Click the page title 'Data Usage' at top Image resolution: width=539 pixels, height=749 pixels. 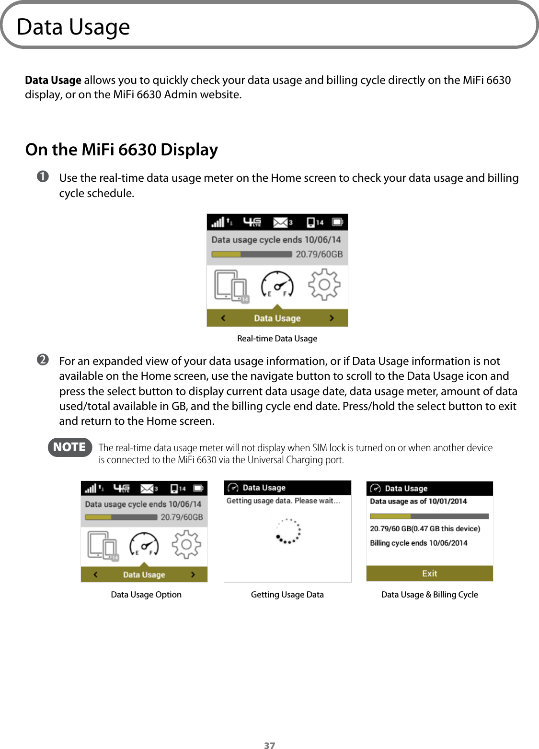73,27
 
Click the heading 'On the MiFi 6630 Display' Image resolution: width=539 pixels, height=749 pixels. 122,150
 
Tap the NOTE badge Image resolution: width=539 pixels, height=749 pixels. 69,447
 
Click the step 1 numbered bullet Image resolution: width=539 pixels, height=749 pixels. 43,177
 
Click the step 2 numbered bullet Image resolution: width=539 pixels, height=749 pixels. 43,360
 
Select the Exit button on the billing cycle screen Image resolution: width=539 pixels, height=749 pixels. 429,573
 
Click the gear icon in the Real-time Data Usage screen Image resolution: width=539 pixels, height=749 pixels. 324,285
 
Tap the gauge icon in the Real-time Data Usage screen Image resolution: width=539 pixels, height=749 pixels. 277,285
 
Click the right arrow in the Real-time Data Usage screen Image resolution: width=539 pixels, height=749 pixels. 332,318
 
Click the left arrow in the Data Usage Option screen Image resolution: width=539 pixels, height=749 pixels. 95,574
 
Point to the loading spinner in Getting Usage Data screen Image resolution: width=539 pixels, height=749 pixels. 288,531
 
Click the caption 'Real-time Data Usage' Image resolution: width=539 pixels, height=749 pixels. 277,339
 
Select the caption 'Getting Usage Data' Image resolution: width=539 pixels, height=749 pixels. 287,595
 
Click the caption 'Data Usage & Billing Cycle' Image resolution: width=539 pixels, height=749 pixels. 429,595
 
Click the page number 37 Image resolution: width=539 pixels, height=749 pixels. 269,745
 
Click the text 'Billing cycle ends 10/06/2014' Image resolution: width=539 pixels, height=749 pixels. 418,543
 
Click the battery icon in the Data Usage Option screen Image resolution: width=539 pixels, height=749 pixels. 198,488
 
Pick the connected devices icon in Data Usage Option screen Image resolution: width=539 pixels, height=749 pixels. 103,545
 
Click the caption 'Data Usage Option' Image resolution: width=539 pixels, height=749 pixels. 146,595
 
